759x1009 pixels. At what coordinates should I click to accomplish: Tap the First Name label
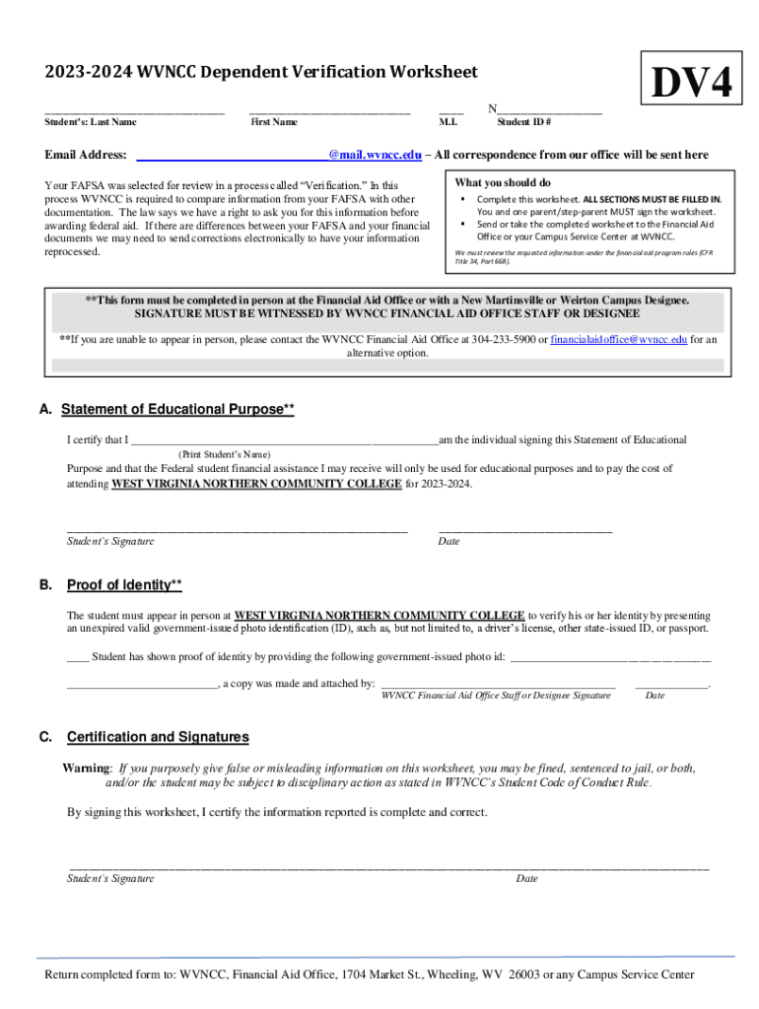tap(274, 122)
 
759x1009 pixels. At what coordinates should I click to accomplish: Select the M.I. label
tap(448, 122)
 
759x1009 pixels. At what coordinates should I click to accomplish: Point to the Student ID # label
tap(523, 122)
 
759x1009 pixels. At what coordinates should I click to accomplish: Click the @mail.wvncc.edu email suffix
tap(375, 155)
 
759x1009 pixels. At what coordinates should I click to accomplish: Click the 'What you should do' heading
tap(503, 183)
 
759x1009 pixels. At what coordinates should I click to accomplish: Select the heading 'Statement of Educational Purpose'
tap(177, 409)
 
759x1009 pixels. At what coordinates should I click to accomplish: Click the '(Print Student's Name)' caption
tap(224, 454)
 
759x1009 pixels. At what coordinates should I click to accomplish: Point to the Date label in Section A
tap(448, 541)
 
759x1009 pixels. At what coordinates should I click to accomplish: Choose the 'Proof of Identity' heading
tap(124, 585)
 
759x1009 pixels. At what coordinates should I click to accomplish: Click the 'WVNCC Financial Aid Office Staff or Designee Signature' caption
tap(496, 696)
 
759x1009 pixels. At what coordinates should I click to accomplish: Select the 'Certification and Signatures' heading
tap(158, 737)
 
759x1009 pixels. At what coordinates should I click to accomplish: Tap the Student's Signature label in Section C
tap(110, 878)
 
